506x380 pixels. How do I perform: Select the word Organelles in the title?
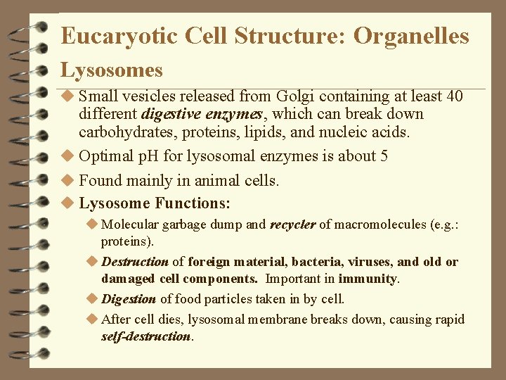(411, 36)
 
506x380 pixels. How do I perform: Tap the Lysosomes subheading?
(111, 70)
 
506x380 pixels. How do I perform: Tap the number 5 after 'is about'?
(384, 156)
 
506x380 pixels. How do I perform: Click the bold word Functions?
(193, 203)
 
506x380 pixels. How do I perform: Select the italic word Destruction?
(135, 262)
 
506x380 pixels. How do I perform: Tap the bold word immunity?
(368, 279)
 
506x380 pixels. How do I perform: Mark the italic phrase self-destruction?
(145, 336)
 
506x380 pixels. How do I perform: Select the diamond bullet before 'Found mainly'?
(67, 180)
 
